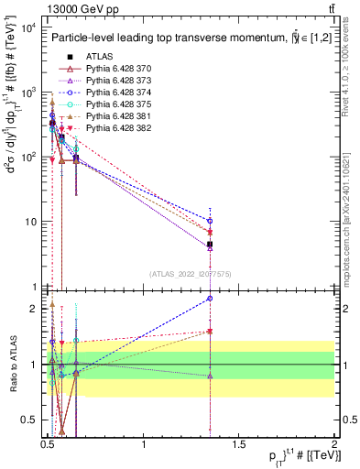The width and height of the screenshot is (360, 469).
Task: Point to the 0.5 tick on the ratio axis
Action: click(28, 420)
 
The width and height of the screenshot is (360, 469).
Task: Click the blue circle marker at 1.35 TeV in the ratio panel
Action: click(211, 298)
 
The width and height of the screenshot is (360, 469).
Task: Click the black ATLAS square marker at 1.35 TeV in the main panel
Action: click(211, 245)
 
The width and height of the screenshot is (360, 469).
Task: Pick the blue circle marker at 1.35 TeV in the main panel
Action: click(211, 221)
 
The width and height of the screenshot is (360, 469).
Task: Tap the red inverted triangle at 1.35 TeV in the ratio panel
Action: click(211, 332)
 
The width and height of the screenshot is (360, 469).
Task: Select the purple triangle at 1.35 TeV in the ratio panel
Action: click(211, 376)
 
